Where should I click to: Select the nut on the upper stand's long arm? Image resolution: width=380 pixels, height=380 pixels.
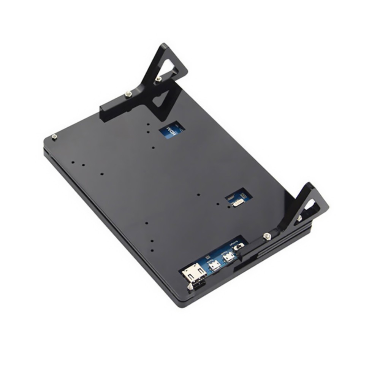point(129,93)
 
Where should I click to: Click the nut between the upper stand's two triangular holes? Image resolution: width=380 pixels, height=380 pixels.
point(158,79)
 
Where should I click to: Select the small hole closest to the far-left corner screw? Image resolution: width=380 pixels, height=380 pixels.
point(73,162)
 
